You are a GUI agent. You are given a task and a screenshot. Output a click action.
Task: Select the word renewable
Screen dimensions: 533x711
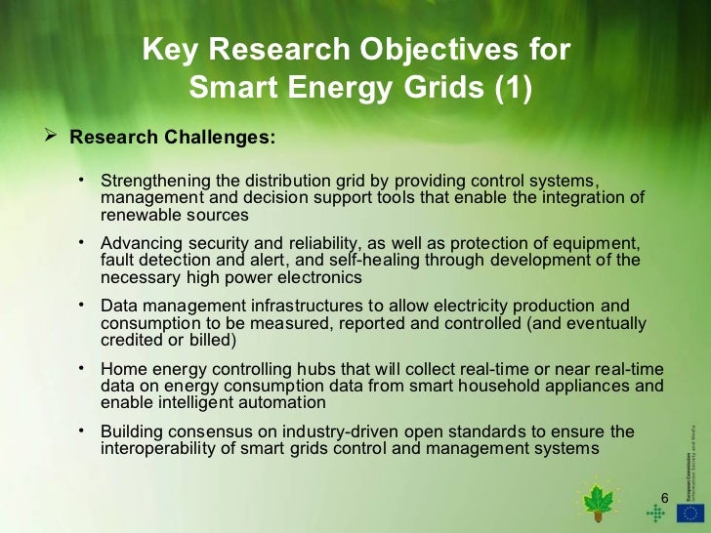click(x=138, y=214)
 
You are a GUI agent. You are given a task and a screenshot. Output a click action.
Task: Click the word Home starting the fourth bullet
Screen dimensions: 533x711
click(x=122, y=369)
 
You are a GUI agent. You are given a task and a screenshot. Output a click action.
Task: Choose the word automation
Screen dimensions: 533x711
click(x=284, y=401)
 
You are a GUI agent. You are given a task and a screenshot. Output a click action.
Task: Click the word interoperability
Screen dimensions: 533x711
click(x=154, y=448)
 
